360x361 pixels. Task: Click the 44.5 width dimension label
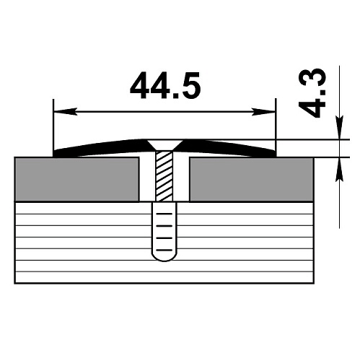[165, 86]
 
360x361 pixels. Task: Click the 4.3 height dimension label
[312, 93]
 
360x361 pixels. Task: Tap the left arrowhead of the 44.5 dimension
[66, 112]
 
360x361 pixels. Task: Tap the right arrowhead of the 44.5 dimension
[263, 112]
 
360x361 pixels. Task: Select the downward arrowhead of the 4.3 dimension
[339, 128]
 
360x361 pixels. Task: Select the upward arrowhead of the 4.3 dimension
[339, 170]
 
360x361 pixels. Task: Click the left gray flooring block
[77, 179]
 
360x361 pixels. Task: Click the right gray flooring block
[252, 179]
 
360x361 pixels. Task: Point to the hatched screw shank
[164, 176]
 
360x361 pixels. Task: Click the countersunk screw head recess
[164, 144]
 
